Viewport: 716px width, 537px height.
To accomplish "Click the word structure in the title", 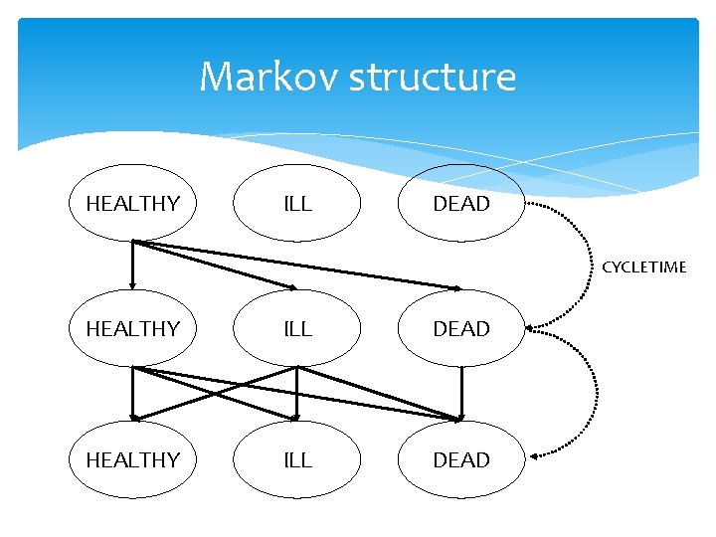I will click(433, 78).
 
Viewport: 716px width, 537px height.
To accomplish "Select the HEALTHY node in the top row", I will click(132, 204).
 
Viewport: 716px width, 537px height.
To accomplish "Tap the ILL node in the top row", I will click(297, 204).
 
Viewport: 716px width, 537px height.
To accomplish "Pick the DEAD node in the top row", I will click(461, 204).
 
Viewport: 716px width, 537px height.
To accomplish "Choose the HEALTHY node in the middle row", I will click(132, 328).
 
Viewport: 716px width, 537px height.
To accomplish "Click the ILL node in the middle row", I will click(297, 328).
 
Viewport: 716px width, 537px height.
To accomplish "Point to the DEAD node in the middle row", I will click(461, 328).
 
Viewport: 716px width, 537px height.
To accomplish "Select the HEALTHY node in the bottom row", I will click(132, 459).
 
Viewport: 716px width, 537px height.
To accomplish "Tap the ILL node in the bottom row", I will click(297, 459).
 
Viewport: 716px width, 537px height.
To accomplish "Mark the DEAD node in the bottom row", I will click(461, 459).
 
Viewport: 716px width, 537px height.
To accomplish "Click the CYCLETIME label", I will click(644, 267).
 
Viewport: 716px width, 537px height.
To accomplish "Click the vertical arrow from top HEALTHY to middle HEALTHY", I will click(132, 265).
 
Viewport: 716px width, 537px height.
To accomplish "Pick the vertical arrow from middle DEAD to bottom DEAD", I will click(461, 393).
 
